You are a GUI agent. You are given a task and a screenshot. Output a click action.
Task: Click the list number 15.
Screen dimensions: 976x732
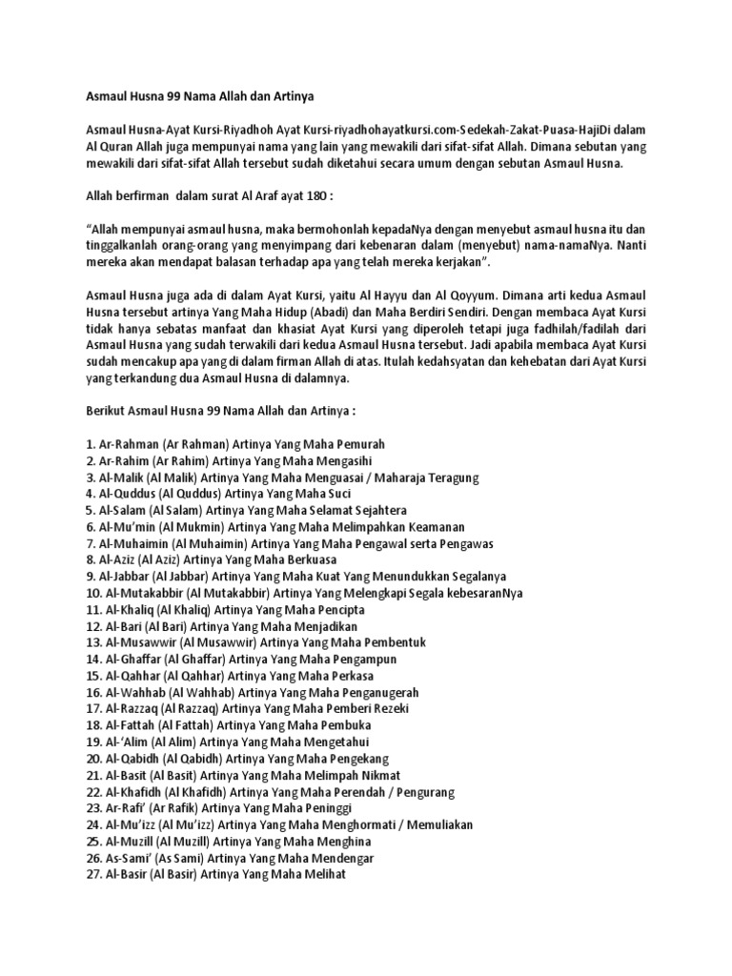(92, 676)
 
